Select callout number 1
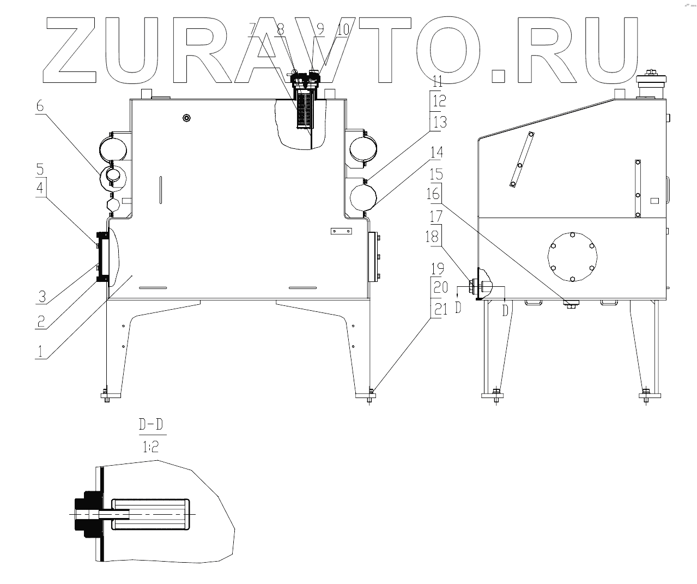(40, 351)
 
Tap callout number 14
(436, 153)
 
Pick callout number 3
(41, 297)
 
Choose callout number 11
(436, 83)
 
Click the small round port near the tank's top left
(187, 118)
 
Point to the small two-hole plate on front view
(342, 231)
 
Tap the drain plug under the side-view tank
(569, 304)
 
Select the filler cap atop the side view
(652, 85)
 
